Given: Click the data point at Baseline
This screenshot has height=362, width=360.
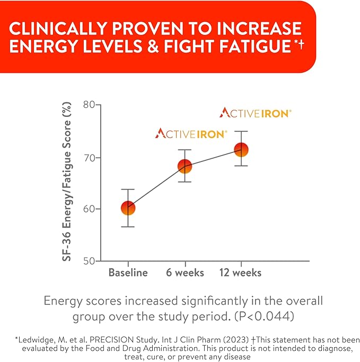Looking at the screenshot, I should click(128, 208).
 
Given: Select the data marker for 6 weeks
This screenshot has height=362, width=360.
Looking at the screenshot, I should click(185, 166).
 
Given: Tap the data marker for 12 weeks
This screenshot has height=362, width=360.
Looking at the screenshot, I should click(241, 150).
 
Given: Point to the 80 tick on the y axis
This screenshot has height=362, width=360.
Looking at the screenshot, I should click(93, 105).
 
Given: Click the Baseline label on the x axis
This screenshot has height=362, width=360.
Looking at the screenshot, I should click(128, 273).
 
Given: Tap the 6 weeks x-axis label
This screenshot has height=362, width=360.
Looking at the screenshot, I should click(185, 273).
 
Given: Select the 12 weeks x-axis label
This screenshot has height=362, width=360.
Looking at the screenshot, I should click(241, 273).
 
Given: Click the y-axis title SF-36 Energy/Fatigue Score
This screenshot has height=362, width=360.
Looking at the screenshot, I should click(68, 184).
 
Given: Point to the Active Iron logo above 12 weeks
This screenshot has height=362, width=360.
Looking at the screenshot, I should click(256, 113).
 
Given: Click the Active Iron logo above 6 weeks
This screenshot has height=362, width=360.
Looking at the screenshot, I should click(191, 133).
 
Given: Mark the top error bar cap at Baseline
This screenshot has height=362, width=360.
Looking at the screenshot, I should click(128, 189).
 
